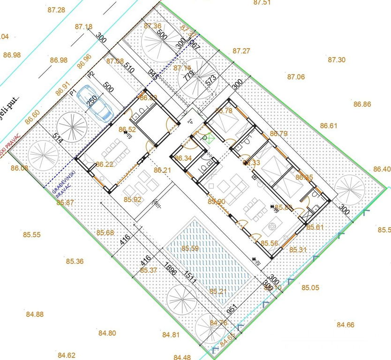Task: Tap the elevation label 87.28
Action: tap(56, 10)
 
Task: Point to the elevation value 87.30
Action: tap(337, 60)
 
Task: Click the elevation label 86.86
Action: tap(362, 104)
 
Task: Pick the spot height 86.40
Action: tap(382, 169)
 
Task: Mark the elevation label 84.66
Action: tap(346, 324)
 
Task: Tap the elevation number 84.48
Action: tap(182, 357)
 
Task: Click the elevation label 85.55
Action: tap(31, 234)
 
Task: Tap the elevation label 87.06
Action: tap(296, 77)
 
